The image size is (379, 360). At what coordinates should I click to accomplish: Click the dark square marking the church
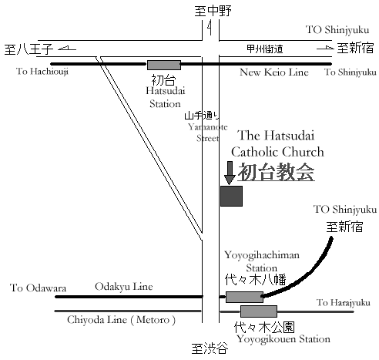coord(231,196)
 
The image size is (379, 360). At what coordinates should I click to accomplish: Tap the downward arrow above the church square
coord(230,173)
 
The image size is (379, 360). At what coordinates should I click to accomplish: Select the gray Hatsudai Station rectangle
coord(164,65)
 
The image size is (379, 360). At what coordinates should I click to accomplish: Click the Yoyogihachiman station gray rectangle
coord(244,297)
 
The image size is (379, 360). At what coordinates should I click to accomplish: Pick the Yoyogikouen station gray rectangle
coord(259,311)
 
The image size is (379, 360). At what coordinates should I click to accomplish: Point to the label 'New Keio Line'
coord(274,72)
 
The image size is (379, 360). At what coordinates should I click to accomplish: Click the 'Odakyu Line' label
coord(124,287)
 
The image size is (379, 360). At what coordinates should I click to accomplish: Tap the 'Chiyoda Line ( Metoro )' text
coord(121,320)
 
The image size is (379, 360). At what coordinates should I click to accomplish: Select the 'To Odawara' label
coord(38,288)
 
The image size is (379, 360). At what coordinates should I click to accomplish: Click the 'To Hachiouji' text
coord(42,71)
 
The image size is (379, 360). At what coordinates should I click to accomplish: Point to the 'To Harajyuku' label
coord(344,303)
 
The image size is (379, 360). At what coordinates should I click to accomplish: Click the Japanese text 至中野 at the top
coord(213,12)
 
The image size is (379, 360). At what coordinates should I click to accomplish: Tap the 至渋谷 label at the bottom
coord(210,348)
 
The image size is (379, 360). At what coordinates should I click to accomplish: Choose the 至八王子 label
coord(29,49)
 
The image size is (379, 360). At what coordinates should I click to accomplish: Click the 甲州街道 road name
coord(265,49)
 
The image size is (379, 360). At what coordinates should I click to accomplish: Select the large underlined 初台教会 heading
coord(277,172)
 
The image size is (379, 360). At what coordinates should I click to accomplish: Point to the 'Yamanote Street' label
coord(208,133)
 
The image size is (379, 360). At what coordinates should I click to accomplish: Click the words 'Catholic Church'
coord(277,152)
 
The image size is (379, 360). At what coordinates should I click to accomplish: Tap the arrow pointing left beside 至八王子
coord(67,48)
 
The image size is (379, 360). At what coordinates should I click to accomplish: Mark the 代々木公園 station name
coord(264,328)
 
